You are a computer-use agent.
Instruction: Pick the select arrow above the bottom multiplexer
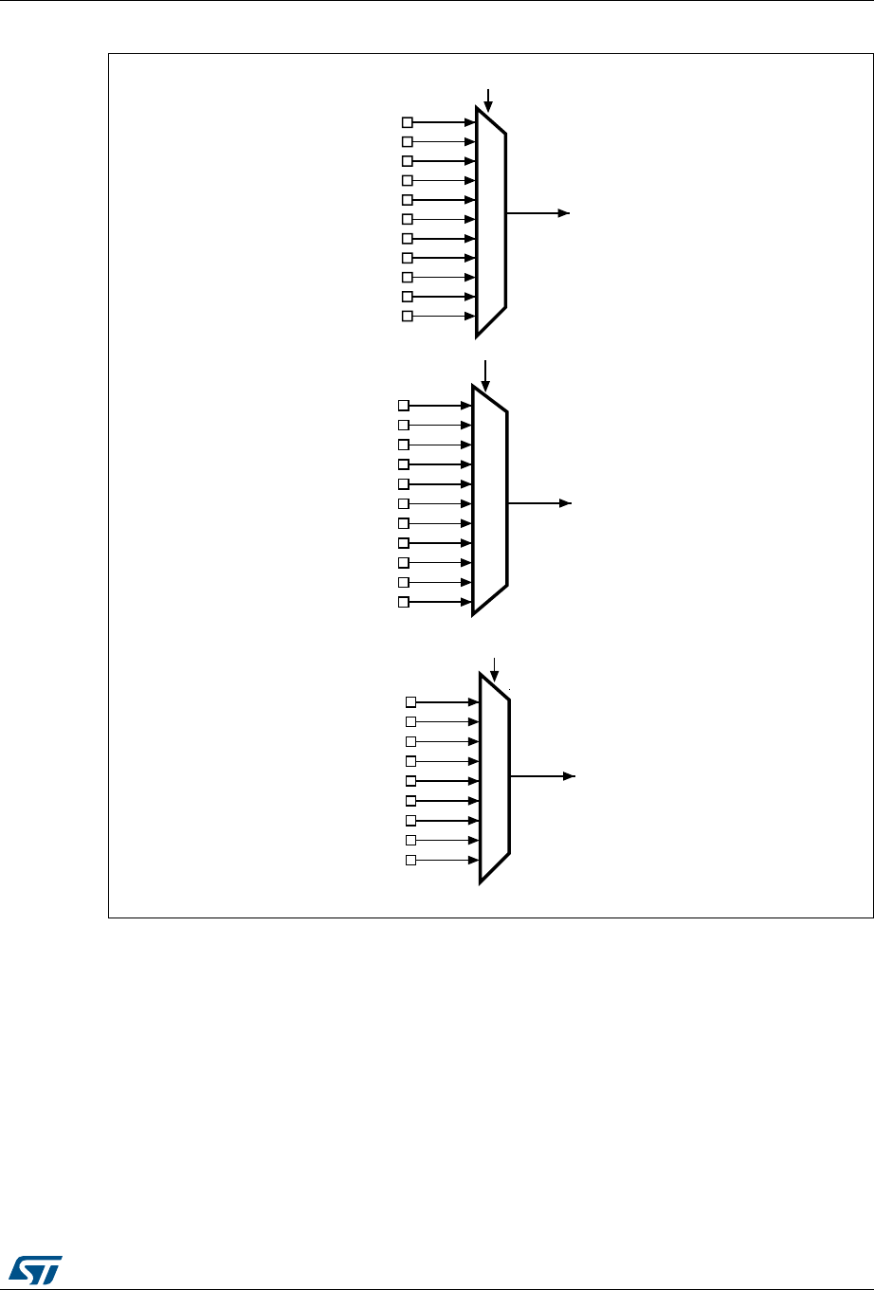[494, 668]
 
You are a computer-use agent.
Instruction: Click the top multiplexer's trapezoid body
[491, 221]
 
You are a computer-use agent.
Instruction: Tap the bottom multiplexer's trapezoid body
[495, 778]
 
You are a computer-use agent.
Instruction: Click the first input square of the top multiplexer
[408, 122]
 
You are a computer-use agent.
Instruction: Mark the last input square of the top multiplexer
[408, 316]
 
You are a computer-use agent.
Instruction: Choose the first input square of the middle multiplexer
[404, 406]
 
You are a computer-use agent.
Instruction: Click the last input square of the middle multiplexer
[404, 602]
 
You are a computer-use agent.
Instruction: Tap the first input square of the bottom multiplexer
[411, 702]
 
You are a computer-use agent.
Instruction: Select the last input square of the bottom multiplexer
[411, 860]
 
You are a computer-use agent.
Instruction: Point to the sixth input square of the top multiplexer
[408, 219]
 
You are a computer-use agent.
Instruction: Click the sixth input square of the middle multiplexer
[404, 503]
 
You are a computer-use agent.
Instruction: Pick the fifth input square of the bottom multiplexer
[411, 781]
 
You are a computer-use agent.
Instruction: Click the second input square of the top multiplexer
[408, 142]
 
